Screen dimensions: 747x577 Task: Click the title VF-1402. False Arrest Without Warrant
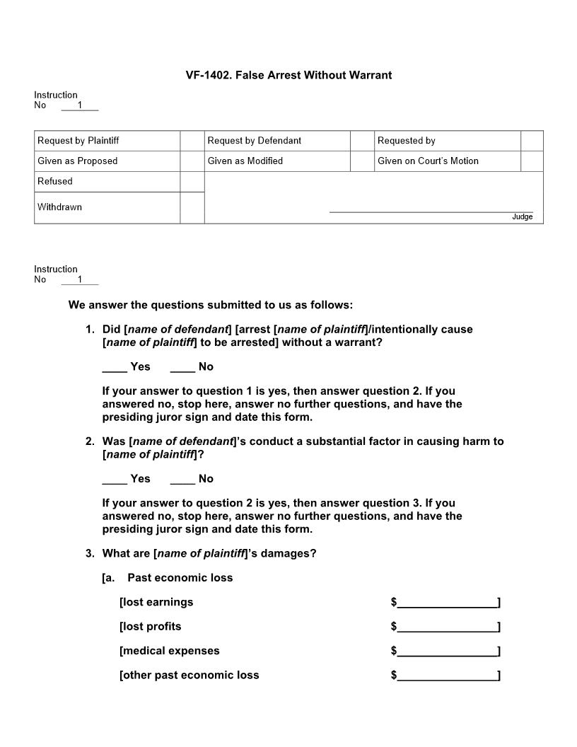click(288, 75)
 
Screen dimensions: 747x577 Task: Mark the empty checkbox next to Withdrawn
click(192, 207)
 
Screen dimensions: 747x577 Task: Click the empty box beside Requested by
click(532, 141)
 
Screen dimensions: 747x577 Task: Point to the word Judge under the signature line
click(522, 216)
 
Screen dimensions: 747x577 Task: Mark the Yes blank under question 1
click(115, 367)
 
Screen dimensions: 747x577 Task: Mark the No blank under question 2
click(182, 479)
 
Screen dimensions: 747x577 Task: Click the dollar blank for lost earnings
click(447, 603)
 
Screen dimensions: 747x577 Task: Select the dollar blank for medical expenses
click(447, 652)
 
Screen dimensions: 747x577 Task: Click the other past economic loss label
click(190, 676)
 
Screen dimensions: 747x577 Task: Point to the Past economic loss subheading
click(180, 578)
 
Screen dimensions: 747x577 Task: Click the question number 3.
click(90, 554)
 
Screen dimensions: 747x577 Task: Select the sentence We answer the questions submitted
click(210, 306)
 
